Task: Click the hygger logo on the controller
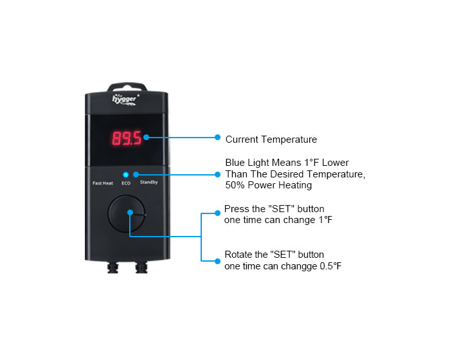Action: pos(125,100)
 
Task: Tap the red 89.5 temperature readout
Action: pos(127,138)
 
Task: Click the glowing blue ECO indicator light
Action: pos(126,175)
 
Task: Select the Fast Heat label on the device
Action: pos(103,183)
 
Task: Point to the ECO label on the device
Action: pos(126,183)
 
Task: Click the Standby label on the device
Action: pos(149,182)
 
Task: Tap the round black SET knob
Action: pos(127,213)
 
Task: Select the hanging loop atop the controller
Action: pos(127,85)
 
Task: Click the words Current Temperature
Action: pos(271,139)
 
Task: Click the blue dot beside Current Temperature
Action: pos(217,137)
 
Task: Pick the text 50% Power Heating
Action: pos(268,185)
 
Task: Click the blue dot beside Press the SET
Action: pos(217,213)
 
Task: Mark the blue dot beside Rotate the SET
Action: pos(217,261)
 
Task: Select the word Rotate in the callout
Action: pos(239,255)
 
